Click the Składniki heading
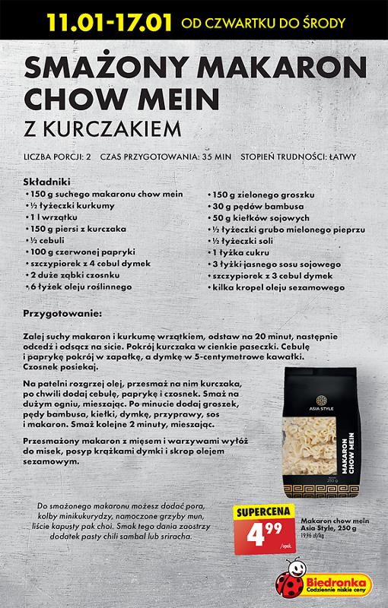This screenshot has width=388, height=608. click(x=47, y=183)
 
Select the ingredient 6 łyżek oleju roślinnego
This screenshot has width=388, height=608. click(x=81, y=287)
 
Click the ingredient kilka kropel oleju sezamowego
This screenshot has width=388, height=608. click(x=278, y=287)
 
